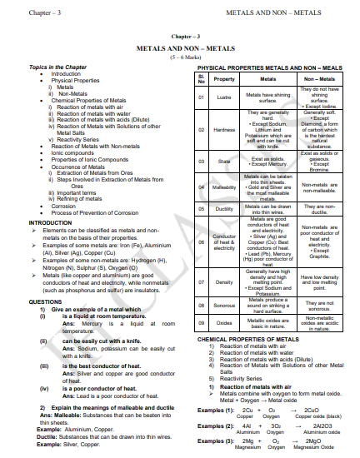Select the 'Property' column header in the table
click(x=224, y=79)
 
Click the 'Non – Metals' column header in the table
click(x=320, y=79)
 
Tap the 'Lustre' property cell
click(x=224, y=97)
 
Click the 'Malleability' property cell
click(x=224, y=187)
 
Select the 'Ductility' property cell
click(x=224, y=208)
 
